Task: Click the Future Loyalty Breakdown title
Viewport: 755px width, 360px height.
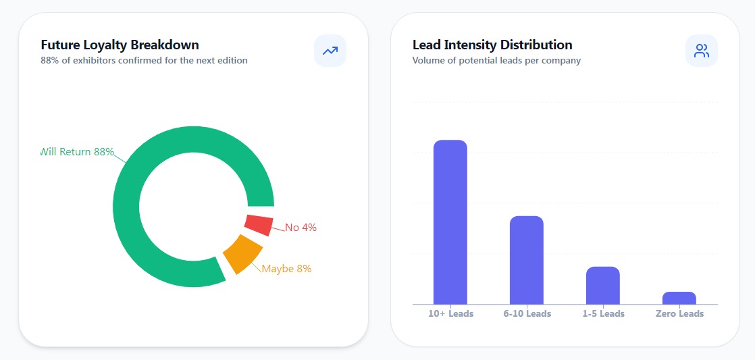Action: coord(120,45)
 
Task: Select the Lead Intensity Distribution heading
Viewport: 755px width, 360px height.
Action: coord(492,45)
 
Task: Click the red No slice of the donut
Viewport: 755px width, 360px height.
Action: coord(259,225)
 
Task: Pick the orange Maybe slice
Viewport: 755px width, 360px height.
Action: coord(242,254)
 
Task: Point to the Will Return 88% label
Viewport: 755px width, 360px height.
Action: coord(77,152)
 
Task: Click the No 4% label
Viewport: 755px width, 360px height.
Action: coord(301,228)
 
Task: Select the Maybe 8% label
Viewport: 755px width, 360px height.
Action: coord(286,269)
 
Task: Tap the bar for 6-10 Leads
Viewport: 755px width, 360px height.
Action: coord(526,260)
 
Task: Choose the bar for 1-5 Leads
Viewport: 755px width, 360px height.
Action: coord(602,285)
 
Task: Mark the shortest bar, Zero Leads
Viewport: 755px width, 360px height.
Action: coord(679,298)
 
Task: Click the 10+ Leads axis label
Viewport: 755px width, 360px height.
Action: coord(450,314)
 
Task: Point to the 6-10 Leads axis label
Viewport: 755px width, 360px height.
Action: coord(527,314)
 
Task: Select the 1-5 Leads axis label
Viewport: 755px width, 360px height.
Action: coord(603,314)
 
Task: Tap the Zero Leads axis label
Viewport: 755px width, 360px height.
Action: coord(679,314)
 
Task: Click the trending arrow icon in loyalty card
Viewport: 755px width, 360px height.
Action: coord(330,51)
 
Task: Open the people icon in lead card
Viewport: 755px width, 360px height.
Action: coord(702,51)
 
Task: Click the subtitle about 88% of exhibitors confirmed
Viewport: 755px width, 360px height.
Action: coord(144,61)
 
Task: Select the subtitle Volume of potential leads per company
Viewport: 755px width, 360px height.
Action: coord(496,61)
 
